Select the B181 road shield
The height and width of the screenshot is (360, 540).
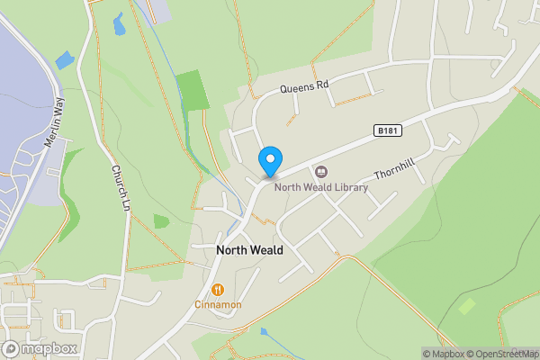[x=386, y=131]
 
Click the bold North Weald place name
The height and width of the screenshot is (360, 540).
[x=249, y=249]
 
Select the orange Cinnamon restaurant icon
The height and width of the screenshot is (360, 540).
[x=219, y=289]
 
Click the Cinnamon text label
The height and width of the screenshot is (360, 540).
[x=219, y=305]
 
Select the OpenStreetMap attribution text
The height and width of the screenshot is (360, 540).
[x=508, y=353]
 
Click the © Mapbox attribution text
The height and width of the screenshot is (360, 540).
[x=448, y=353]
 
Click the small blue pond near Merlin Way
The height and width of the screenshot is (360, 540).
[x=65, y=61]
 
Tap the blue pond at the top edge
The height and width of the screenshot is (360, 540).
[x=119, y=23]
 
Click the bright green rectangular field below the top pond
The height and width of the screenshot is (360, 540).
[x=192, y=89]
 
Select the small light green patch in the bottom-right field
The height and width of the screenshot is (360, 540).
[x=466, y=306]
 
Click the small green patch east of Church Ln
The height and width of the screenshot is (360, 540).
[x=161, y=220]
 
